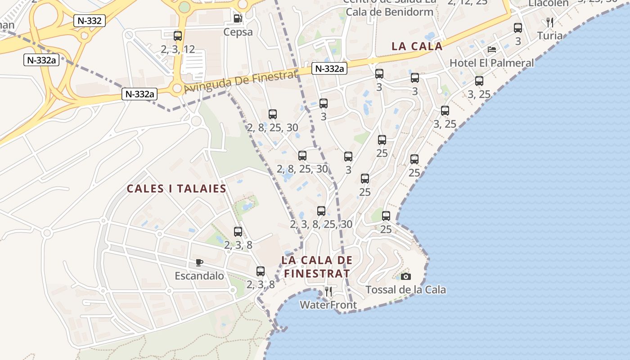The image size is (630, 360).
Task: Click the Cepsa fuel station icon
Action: click(238, 18)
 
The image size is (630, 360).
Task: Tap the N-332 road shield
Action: click(90, 20)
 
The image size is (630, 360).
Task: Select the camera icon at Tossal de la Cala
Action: click(406, 276)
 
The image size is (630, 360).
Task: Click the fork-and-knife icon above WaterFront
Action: click(328, 292)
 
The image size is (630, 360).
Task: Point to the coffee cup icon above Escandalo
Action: click(199, 262)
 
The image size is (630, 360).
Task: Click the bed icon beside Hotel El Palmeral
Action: click(492, 49)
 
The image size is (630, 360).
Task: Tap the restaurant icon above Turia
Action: click(549, 22)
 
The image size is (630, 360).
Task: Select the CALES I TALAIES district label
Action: click(176, 189)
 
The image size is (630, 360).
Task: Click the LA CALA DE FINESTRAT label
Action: click(317, 266)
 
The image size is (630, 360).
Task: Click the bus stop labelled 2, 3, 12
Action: click(178, 36)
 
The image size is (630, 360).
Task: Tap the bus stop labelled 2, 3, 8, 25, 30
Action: click(321, 211)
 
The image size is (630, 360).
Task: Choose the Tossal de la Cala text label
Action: click(406, 290)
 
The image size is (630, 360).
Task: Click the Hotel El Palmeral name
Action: click(492, 63)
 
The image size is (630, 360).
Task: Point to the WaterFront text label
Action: click(328, 305)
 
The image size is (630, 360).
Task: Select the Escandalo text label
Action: click(199, 276)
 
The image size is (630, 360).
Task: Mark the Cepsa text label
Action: click(238, 32)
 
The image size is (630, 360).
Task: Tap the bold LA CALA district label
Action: click(417, 46)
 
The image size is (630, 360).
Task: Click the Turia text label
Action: click(550, 36)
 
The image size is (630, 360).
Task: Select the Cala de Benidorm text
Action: click(390, 12)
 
